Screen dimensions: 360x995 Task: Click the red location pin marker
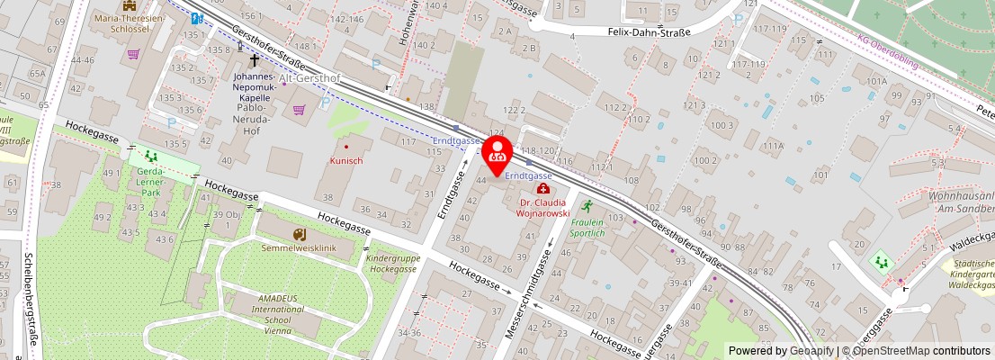(x=497, y=154)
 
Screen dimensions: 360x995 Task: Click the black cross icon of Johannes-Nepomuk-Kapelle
(x=255, y=61)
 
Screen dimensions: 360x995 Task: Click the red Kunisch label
(x=346, y=160)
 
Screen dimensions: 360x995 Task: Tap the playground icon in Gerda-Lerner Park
(x=150, y=157)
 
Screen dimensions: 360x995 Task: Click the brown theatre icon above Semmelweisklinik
(x=300, y=234)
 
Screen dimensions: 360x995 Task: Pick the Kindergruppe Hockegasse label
(x=392, y=263)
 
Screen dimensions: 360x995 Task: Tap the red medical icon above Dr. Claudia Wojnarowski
(x=542, y=189)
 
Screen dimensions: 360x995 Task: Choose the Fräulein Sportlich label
(x=587, y=228)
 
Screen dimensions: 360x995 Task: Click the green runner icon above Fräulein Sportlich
(x=587, y=206)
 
